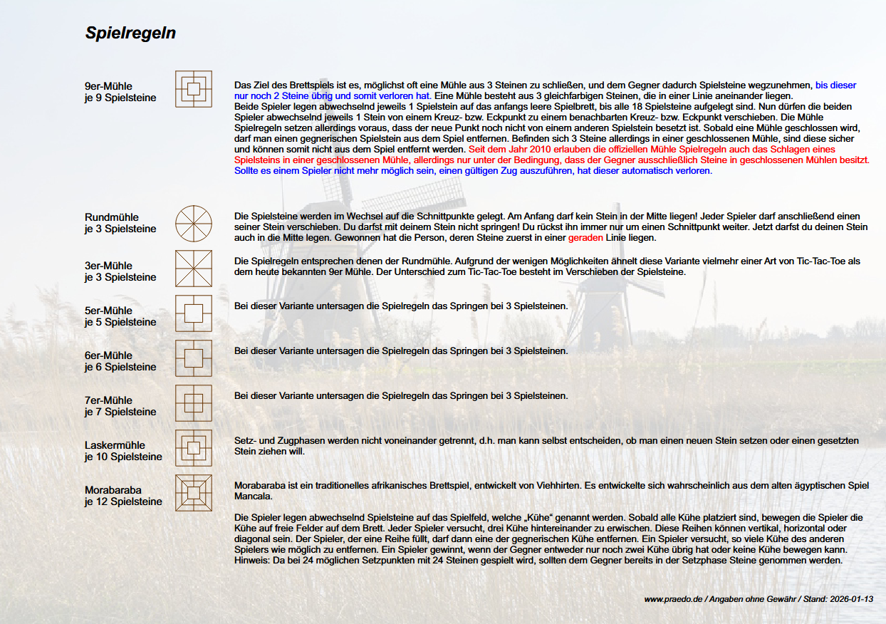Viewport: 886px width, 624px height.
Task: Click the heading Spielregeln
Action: click(x=130, y=33)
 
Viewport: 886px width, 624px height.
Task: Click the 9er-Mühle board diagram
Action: click(x=194, y=89)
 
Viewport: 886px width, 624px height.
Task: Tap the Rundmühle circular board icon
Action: click(x=194, y=223)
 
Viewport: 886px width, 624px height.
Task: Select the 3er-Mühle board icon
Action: click(x=194, y=269)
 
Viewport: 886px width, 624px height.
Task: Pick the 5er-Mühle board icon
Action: click(x=194, y=313)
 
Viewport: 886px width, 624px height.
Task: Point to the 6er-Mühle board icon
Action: click(x=194, y=358)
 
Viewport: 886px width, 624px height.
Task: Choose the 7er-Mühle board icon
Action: click(x=194, y=403)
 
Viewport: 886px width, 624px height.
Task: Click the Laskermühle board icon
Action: click(x=194, y=448)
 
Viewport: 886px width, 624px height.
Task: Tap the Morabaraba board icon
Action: click(x=194, y=493)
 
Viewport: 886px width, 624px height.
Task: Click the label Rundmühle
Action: click(x=112, y=217)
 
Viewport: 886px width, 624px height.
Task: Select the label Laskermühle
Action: click(x=115, y=445)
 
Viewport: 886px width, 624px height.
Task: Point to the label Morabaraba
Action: click(x=113, y=490)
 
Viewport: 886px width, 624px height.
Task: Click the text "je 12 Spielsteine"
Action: click(x=123, y=501)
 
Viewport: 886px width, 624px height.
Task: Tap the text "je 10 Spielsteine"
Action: click(x=123, y=457)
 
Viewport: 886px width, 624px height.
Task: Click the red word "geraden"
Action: click(x=585, y=238)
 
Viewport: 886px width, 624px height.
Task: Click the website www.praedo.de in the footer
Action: click(x=673, y=600)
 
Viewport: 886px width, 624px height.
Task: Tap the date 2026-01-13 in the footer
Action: click(x=852, y=600)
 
